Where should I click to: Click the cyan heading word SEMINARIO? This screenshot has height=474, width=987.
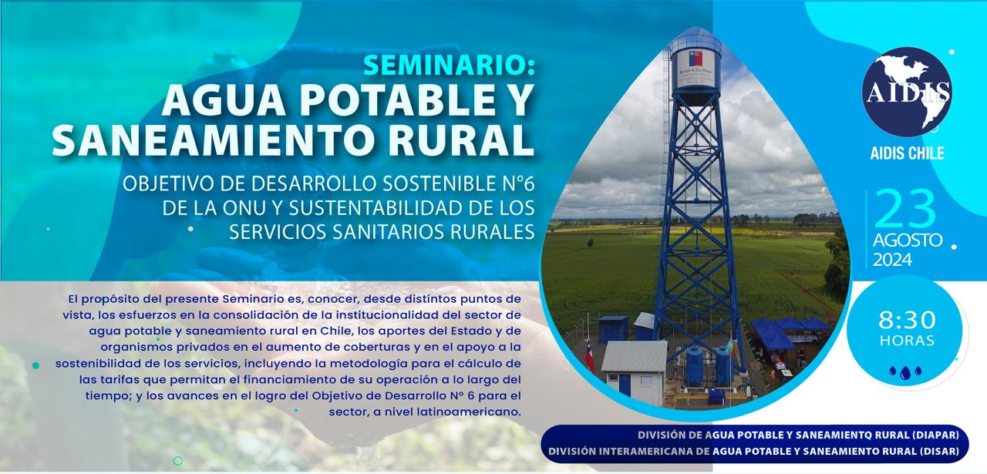point(449,66)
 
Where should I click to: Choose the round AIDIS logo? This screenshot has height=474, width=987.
point(907,92)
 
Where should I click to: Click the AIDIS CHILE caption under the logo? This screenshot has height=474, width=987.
point(908,153)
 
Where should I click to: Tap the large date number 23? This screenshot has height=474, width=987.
point(905,208)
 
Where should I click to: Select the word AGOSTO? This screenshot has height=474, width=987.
point(908,240)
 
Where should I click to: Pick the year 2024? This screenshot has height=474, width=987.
point(893,260)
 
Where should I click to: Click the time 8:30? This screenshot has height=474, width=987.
point(908,320)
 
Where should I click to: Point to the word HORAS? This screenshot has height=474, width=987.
point(908,341)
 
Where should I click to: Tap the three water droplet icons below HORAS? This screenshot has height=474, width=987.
point(905,372)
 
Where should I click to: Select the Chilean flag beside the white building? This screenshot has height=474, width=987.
point(589,358)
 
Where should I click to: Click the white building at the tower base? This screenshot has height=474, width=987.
point(635,373)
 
